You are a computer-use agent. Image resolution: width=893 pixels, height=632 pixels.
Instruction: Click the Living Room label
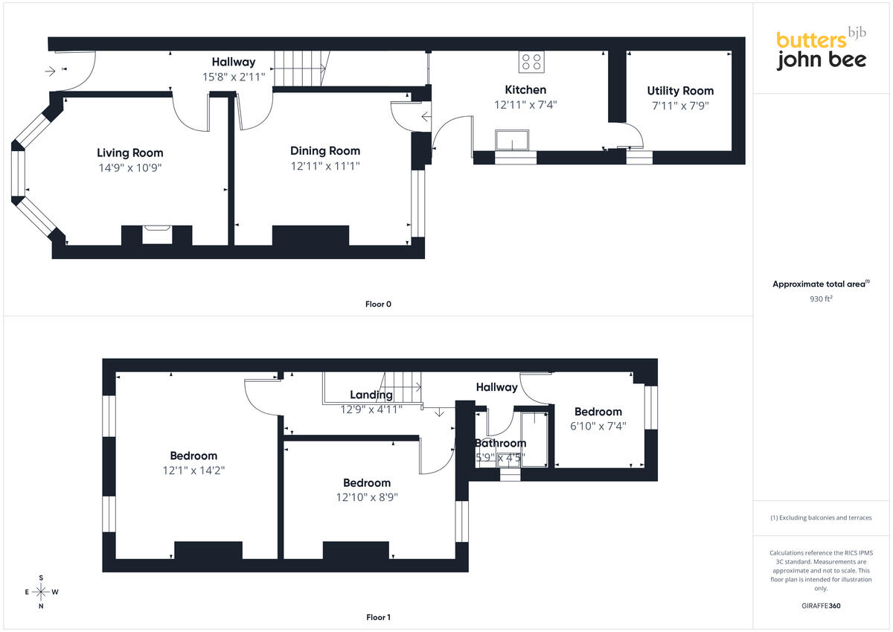[x=130, y=153]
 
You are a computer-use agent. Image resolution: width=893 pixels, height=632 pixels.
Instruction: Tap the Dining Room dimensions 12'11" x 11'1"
[x=325, y=166]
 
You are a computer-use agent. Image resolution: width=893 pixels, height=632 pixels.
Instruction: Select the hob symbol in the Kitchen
[x=531, y=62]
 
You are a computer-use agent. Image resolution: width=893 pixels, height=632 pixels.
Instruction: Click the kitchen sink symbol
[x=512, y=140]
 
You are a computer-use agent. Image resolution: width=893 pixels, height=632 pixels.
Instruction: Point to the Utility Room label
[x=680, y=91]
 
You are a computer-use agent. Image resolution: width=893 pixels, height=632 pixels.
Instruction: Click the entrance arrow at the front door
[x=51, y=71]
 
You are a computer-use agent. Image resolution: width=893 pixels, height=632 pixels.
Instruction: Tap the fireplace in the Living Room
[x=157, y=234]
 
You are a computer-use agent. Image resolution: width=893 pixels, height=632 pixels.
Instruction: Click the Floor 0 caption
[x=378, y=304]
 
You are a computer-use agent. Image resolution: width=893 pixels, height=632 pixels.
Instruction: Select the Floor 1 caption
[x=378, y=617]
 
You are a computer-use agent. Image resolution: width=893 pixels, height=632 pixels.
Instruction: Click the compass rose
[x=41, y=592]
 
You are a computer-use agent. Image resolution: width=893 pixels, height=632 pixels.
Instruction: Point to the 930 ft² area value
[x=821, y=299]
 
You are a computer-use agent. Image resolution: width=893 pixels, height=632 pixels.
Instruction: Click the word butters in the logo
[x=811, y=40]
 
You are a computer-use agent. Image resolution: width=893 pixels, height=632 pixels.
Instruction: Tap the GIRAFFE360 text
[x=821, y=606]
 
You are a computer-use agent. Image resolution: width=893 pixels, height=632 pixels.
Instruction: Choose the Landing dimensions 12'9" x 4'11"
[x=371, y=409]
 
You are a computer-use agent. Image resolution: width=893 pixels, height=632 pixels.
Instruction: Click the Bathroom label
[x=500, y=443]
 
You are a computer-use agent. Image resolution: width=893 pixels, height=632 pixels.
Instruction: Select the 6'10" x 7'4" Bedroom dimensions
[x=598, y=427]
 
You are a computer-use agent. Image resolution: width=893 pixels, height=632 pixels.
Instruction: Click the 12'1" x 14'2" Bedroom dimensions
[x=193, y=470]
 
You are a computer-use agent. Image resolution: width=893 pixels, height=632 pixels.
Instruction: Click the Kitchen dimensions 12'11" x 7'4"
[x=525, y=105]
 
